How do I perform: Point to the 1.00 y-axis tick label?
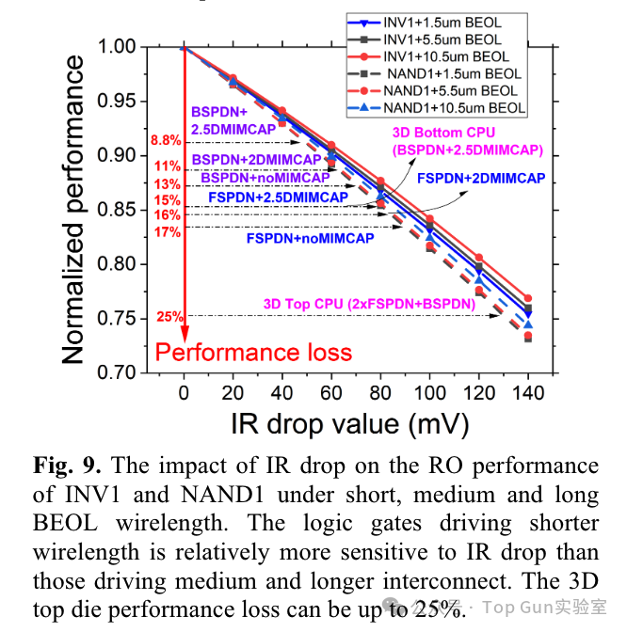click(119, 46)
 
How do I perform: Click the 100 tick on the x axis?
click(429, 391)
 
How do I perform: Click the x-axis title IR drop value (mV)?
click(349, 423)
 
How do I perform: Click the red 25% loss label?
click(169, 317)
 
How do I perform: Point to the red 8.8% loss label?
click(165, 141)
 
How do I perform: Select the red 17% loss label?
click(168, 231)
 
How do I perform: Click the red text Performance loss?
click(253, 353)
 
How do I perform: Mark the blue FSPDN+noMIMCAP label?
click(310, 239)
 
